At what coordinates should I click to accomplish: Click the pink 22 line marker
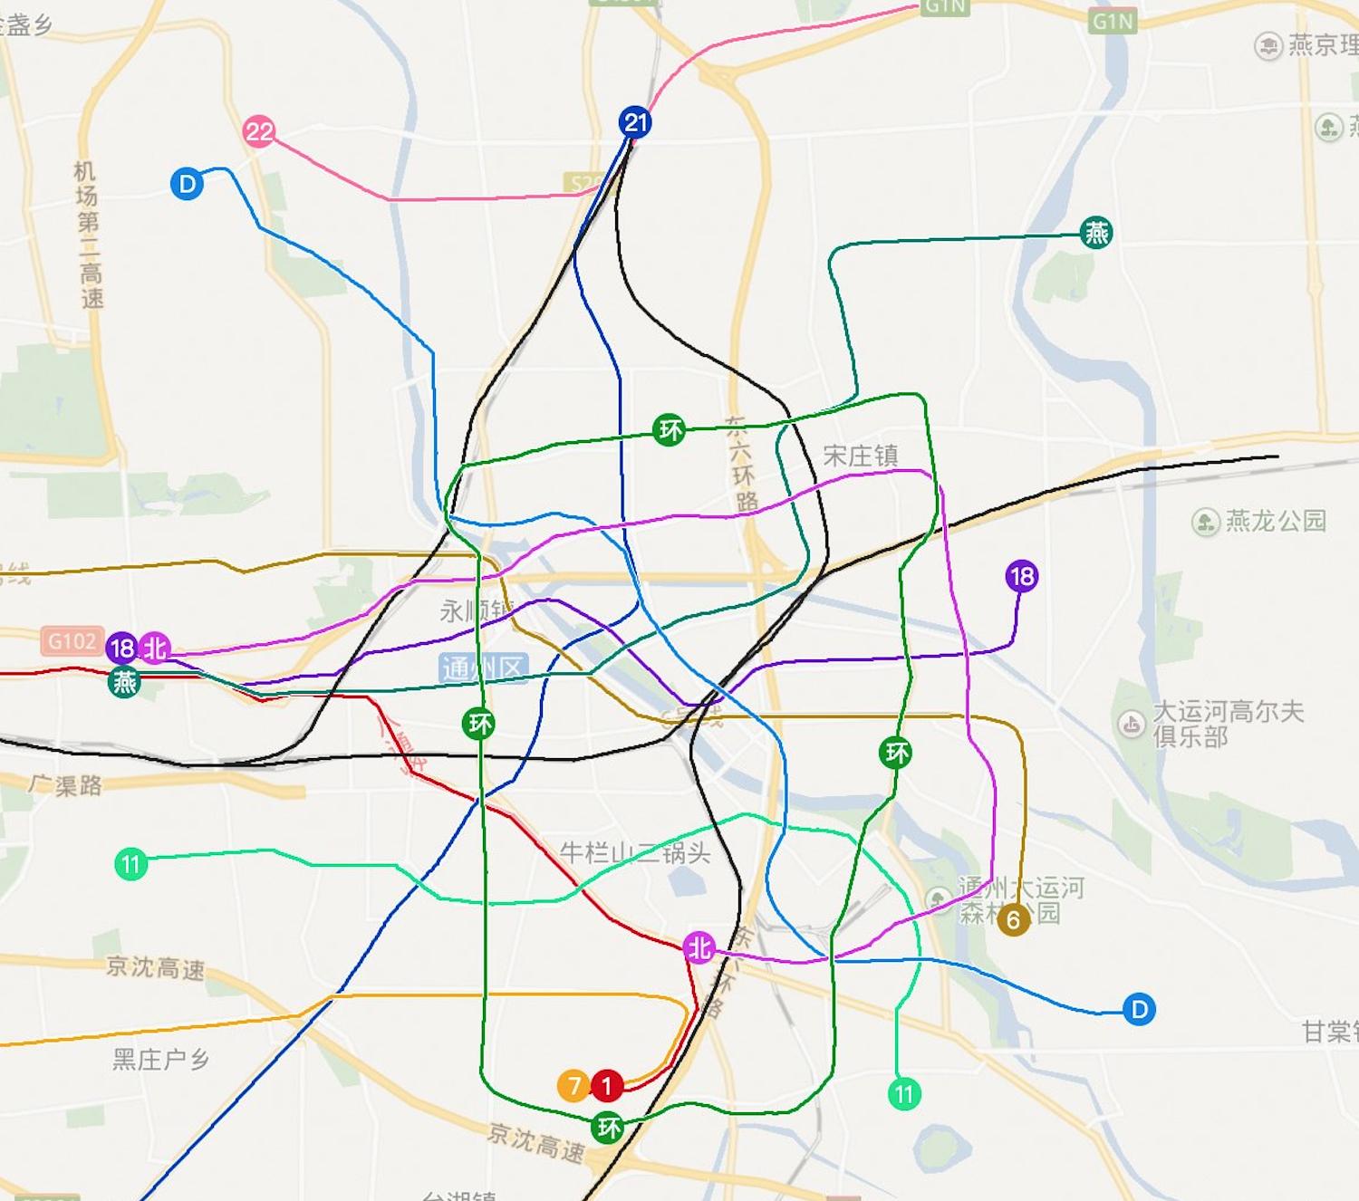tap(259, 132)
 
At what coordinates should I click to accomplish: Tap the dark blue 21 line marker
tap(635, 122)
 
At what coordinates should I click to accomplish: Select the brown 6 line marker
tap(1013, 920)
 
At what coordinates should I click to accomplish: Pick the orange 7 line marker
tap(573, 1084)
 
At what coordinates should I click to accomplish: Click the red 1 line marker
tap(607, 1084)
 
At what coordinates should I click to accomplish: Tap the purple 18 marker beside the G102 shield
tap(121, 649)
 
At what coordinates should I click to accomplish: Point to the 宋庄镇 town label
tap(860, 456)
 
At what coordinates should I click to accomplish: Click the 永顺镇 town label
tap(477, 611)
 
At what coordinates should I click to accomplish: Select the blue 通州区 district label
tap(483, 668)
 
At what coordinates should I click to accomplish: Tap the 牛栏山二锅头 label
tap(634, 852)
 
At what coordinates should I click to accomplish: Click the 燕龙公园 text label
tap(1275, 521)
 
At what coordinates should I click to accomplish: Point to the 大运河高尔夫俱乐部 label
tap(1228, 724)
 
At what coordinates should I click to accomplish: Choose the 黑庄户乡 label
tap(160, 1059)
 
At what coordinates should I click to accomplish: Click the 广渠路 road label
tap(65, 784)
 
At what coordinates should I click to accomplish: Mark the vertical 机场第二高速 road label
tap(88, 235)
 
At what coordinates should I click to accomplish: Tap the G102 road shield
tap(72, 641)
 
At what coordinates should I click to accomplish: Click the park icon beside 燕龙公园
tap(1205, 522)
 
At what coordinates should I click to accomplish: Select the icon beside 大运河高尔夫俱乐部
tap(1131, 724)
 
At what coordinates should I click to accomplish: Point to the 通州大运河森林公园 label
tap(1022, 899)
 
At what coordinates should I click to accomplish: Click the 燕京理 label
tap(1322, 45)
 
